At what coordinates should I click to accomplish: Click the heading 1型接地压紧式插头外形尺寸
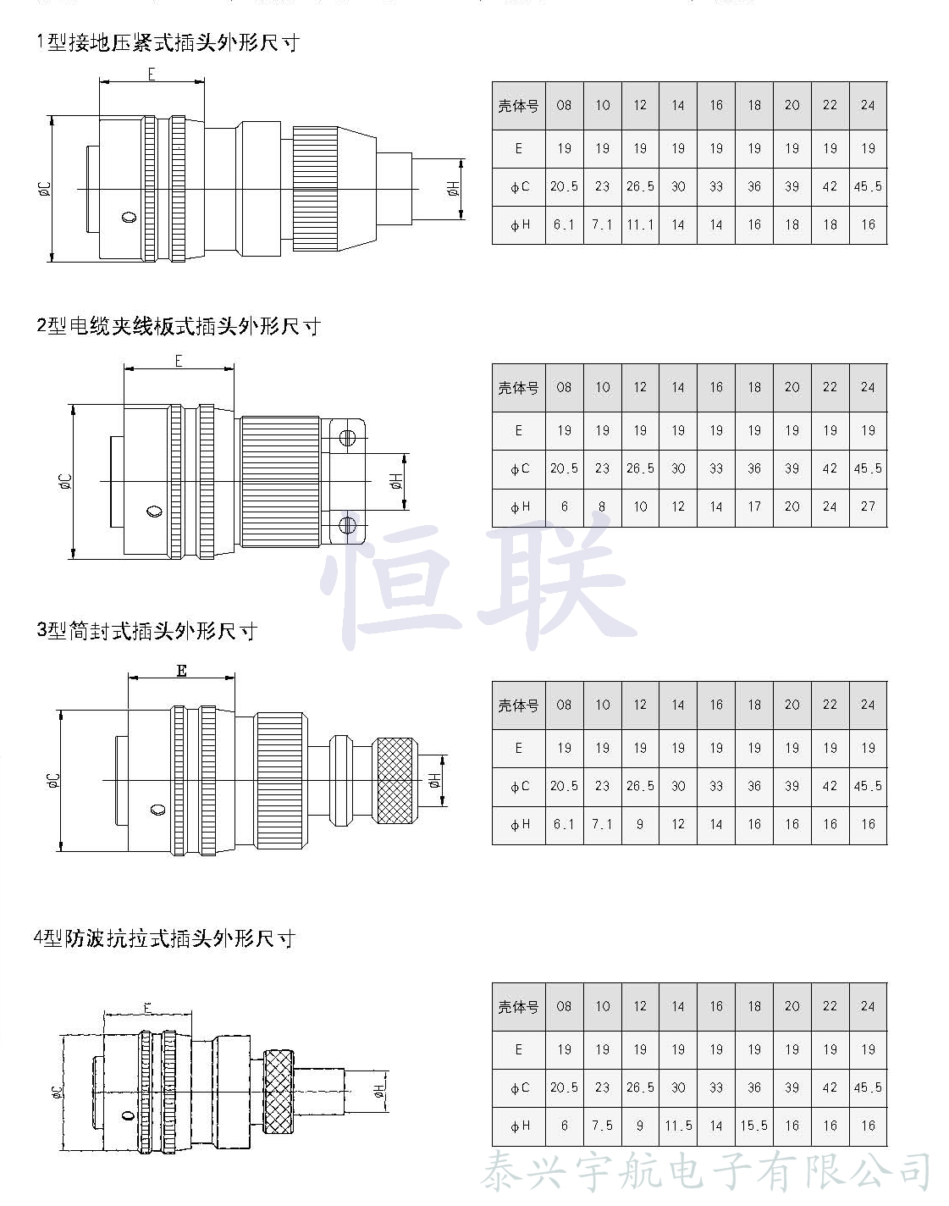point(168,42)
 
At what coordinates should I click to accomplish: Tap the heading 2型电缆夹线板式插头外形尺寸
point(179,326)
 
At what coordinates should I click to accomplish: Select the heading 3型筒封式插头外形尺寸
point(146,631)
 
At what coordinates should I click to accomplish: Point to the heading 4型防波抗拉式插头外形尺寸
point(164,938)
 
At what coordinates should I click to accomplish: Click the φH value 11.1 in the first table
point(640,225)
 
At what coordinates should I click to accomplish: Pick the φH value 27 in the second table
point(868,506)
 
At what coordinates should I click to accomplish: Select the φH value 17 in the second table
point(754,506)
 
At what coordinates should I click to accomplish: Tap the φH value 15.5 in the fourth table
point(754,1126)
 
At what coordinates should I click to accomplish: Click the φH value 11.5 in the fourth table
point(678,1126)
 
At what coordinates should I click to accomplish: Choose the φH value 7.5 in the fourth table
point(602,1126)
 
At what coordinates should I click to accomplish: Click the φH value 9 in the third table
point(640,824)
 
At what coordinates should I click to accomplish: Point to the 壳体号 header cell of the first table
point(518,106)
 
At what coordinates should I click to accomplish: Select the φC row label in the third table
point(519,787)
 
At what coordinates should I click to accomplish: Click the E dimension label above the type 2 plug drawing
point(179,362)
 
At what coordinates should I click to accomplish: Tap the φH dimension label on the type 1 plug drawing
point(454,189)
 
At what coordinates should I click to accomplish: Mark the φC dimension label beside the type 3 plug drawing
point(52,780)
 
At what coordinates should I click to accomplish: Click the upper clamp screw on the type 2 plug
point(346,438)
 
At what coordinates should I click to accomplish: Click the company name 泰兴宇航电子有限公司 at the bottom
point(706,1173)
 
